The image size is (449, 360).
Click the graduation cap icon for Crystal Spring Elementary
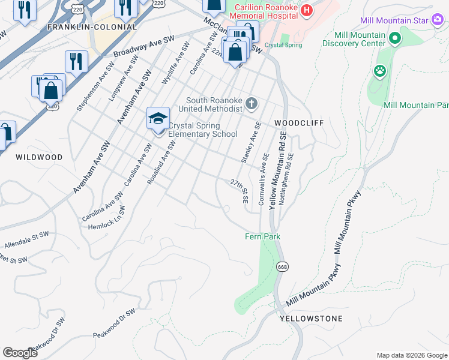point(158,118)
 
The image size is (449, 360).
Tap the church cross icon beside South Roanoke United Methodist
point(251,104)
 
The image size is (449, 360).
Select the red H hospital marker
point(307,10)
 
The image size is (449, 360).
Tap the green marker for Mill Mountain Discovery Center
point(394,39)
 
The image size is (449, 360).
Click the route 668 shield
point(281,266)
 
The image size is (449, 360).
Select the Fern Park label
point(262,237)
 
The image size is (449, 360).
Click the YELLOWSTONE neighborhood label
point(311,319)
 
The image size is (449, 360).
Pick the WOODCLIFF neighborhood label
point(299,123)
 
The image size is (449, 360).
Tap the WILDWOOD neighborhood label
point(39,157)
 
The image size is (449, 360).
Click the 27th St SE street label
point(240,190)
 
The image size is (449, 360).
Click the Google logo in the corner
point(20,353)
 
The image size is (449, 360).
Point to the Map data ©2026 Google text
point(411,355)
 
